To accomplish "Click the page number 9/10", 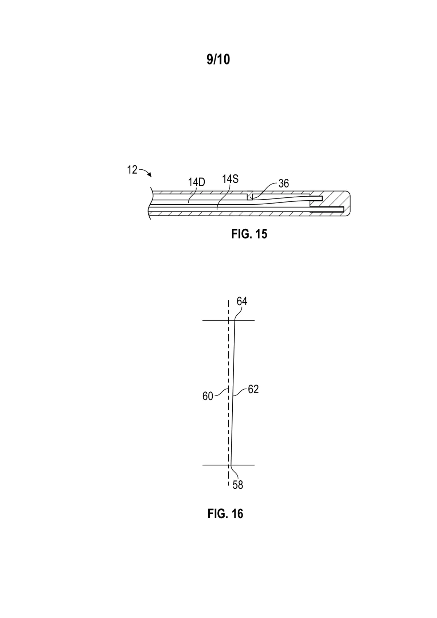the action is click(218, 59).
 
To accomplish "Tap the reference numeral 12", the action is click(132, 170).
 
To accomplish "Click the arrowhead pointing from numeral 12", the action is click(150, 175).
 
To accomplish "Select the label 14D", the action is click(196, 182).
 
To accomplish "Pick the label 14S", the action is click(231, 179).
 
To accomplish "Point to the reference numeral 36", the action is click(284, 184).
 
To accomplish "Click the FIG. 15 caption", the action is click(249, 234).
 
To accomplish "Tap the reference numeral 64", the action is click(242, 301).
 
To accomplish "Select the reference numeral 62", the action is click(253, 389).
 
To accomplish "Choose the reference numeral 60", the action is click(208, 396).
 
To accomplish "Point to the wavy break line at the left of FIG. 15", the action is click(150, 203).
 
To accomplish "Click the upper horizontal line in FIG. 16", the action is click(228, 320).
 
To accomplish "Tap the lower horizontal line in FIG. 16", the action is click(228, 465).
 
